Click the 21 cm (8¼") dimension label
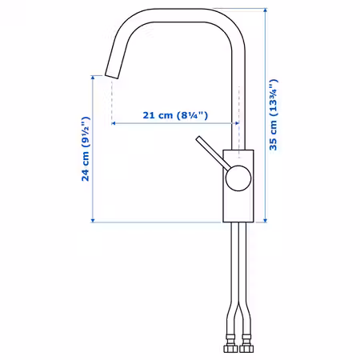175,115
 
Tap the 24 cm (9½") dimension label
86,149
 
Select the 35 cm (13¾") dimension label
273,114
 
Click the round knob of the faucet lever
238,178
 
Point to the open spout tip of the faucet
112,75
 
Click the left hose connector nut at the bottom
230,348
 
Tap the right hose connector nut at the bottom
246,348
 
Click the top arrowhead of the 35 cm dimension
265,10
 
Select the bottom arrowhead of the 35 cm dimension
265,220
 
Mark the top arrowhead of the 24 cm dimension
93,78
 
